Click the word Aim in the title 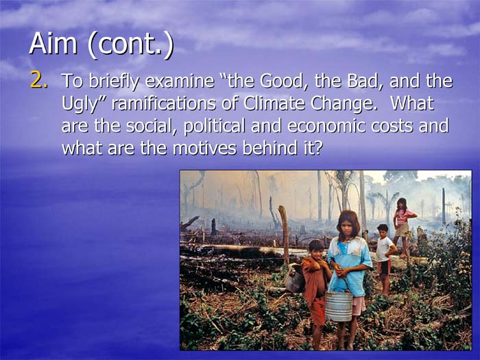(53, 43)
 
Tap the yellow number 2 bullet (39, 80)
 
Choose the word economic (326, 125)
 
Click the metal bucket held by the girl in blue (338, 306)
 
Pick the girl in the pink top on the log (403, 226)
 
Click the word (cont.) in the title (131, 45)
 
